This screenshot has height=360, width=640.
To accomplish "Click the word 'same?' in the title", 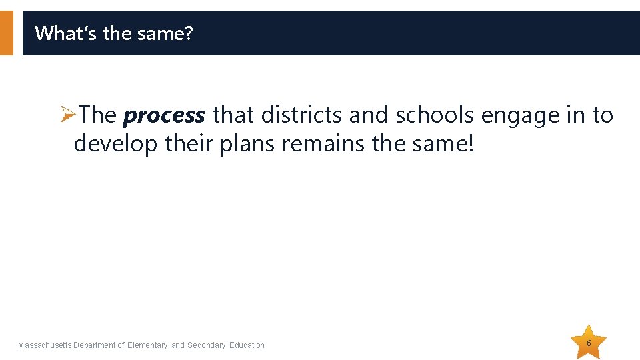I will (169, 33).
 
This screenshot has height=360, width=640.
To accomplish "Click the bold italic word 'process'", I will (164, 115).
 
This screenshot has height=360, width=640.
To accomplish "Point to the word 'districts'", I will (302, 115).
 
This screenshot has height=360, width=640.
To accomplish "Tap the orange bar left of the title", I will (6, 33).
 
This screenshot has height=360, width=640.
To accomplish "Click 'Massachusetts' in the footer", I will (45, 345).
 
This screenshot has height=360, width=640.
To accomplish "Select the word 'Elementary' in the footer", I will (147, 345).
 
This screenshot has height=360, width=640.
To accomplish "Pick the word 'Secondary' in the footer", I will (207, 345).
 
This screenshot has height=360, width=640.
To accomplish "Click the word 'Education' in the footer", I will (247, 345).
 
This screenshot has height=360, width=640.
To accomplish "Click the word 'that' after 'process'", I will (233, 115).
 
